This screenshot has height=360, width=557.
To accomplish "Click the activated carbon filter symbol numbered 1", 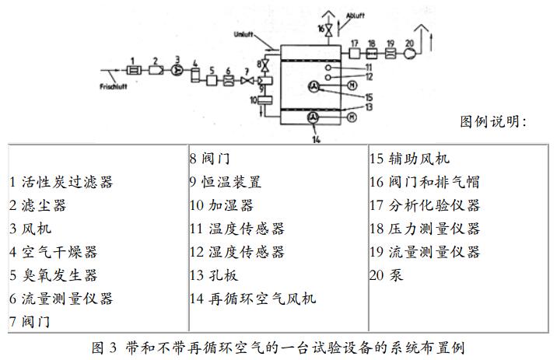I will (133, 70).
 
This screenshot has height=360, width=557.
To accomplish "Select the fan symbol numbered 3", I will (177, 69).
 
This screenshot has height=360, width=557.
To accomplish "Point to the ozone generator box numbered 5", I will (212, 81).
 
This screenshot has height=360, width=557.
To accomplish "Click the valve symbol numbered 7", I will (248, 81).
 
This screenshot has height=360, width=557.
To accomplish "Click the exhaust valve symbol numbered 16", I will (329, 30).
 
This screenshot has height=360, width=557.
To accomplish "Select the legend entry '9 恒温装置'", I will (226, 182).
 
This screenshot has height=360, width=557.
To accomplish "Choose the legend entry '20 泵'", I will (386, 275).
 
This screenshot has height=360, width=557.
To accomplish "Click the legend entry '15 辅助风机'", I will (409, 159).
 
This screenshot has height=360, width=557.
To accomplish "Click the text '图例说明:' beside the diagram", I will (494, 121).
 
